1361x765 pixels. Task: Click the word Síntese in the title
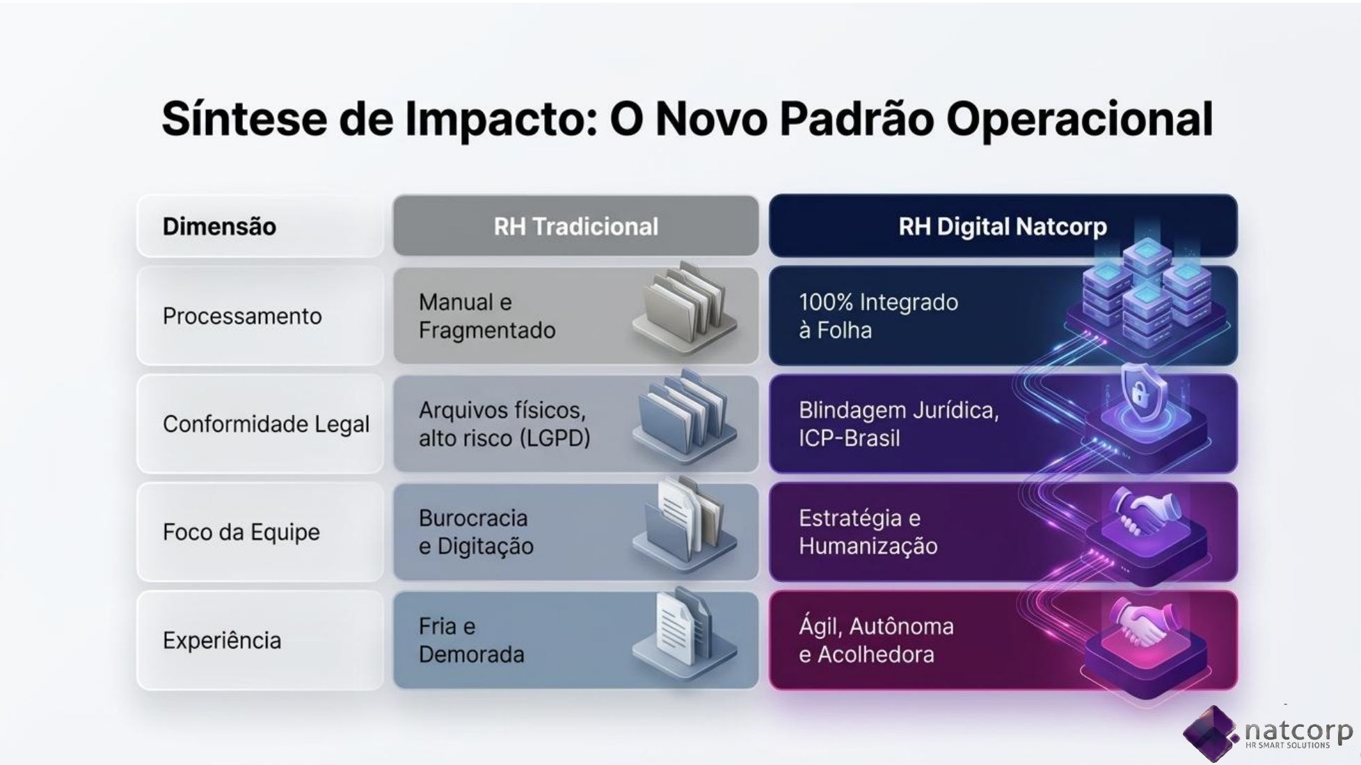pos(244,119)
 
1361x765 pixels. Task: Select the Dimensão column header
pos(219,227)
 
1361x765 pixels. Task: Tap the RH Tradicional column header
pos(575,227)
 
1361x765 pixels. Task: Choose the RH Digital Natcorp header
pos(1003,227)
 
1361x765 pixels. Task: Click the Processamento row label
pos(242,316)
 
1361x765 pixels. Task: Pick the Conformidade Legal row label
pos(266,424)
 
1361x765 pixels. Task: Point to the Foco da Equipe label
pos(241,533)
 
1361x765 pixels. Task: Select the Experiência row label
pos(222,641)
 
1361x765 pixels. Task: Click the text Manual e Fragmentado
pos(487,316)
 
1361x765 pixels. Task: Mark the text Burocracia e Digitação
pos(476,533)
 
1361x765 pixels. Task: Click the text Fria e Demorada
pos(471,641)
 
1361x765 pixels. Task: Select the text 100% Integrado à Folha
pos(878,316)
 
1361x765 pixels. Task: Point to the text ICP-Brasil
pos(849,438)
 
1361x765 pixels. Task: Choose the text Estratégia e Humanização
pos(868,533)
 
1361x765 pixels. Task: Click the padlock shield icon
pos(1140,394)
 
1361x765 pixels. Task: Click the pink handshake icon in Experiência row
pos(1140,622)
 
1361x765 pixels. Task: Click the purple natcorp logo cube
pos(1211,733)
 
